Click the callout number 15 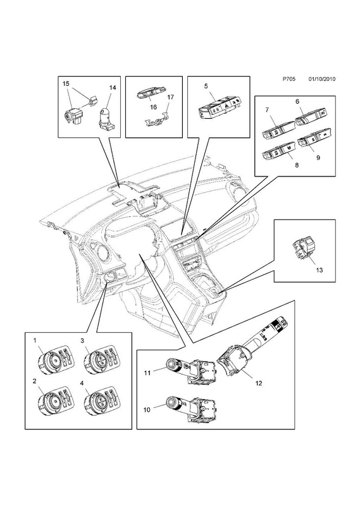(66, 83)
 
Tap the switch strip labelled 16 (150, 94)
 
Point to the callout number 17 (171, 97)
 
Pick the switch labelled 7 (278, 132)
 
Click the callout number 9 (318, 157)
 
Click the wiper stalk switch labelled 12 (254, 348)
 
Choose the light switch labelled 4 (100, 398)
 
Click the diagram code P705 (289, 78)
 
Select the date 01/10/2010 (321, 78)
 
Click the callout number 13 (319, 270)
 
